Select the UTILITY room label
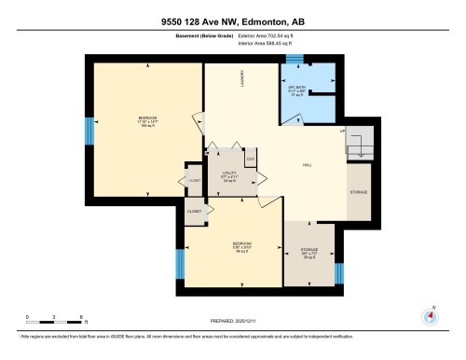tap(229, 174)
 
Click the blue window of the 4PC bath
tap(295, 61)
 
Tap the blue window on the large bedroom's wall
tap(90, 132)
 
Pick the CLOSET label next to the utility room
tap(194, 180)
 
